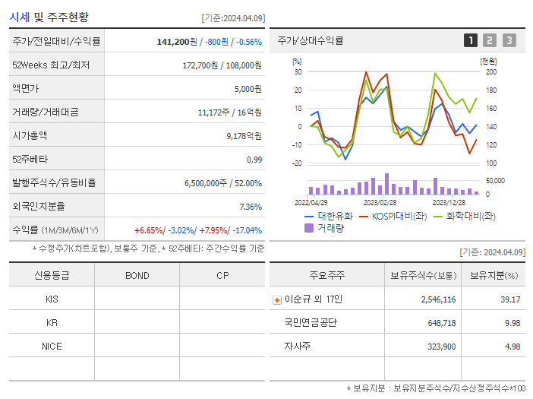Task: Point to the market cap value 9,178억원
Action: click(244, 136)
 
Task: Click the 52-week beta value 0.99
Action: click(254, 160)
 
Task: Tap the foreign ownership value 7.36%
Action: click(250, 207)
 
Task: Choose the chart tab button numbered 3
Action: click(509, 40)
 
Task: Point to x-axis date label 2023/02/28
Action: click(380, 203)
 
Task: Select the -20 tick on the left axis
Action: click(297, 163)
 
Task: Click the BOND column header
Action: click(137, 275)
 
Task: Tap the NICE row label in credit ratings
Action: click(52, 346)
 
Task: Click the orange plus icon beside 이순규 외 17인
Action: click(276, 299)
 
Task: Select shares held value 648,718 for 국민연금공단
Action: click(438, 323)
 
